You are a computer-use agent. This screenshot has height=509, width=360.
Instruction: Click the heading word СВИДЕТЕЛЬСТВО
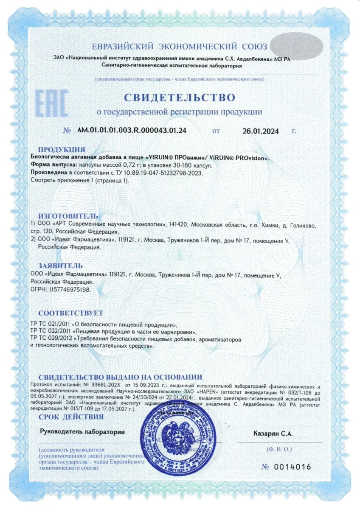(180, 97)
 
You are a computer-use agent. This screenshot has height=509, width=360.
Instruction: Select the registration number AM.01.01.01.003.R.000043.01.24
(132, 130)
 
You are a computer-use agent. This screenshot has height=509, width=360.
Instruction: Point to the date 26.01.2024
(261, 131)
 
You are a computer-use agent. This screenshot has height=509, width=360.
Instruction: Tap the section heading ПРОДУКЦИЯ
(62, 149)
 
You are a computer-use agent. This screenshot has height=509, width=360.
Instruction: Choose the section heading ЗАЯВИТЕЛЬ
(61, 266)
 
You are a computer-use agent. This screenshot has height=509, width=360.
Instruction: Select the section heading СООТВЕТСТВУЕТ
(70, 313)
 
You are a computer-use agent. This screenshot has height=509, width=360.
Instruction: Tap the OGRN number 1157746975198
(69, 289)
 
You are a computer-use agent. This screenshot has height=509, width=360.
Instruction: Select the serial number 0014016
(292, 467)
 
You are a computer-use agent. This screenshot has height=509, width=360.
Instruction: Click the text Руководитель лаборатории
(82, 432)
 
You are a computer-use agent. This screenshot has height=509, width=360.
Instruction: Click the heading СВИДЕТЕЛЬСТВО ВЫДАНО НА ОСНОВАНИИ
(120, 377)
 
